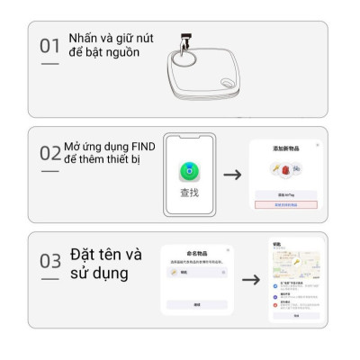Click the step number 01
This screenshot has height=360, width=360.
click(x=50, y=45)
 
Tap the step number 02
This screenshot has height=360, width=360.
click(x=50, y=153)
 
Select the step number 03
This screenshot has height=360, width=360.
click(x=50, y=261)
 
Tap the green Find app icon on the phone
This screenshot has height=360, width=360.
click(x=189, y=168)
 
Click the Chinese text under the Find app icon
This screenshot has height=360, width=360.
click(x=189, y=192)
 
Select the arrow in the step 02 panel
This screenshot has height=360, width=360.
click(x=232, y=174)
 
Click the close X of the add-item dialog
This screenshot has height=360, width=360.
click(x=317, y=145)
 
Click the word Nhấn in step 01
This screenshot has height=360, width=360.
click(x=83, y=37)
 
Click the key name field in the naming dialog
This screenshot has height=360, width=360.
click(x=197, y=272)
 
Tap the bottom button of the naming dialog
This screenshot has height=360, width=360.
click(x=197, y=304)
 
